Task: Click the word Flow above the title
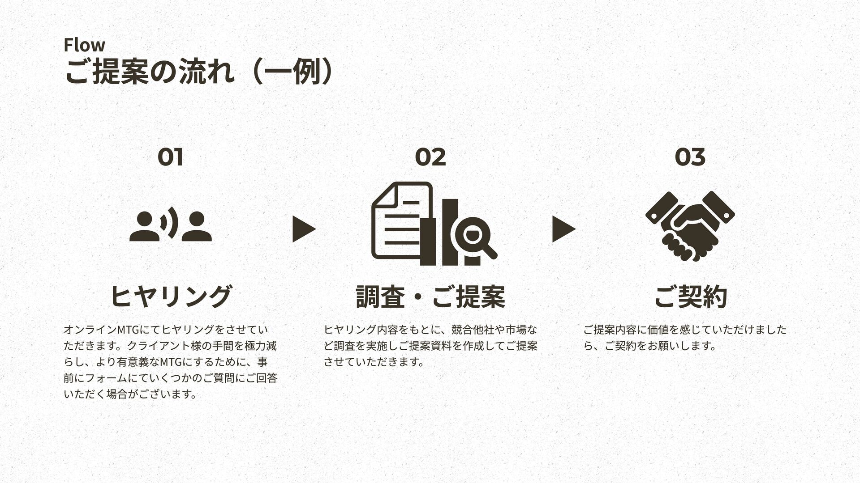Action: coord(84,45)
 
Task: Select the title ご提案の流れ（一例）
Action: coord(198,72)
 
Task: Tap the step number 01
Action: coord(170,157)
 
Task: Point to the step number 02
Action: coord(430,157)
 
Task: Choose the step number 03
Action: coord(690,157)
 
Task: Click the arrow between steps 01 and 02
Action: coord(303,229)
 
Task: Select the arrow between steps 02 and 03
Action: coord(563,229)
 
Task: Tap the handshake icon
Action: coord(690,226)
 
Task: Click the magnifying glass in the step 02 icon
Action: coord(473,234)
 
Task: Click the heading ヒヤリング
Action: coord(171,296)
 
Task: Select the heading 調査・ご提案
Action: coord(430,296)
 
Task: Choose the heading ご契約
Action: coord(690,296)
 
